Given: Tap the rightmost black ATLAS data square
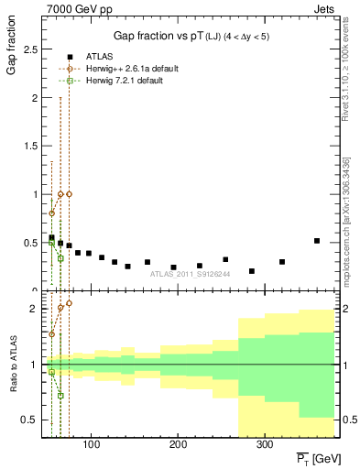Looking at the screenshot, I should click(x=317, y=241).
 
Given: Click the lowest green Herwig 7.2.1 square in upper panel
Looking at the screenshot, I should click(x=60, y=258).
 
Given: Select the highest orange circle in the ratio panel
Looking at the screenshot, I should click(x=69, y=302).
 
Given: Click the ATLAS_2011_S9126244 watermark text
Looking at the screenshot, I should click(x=191, y=273).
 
